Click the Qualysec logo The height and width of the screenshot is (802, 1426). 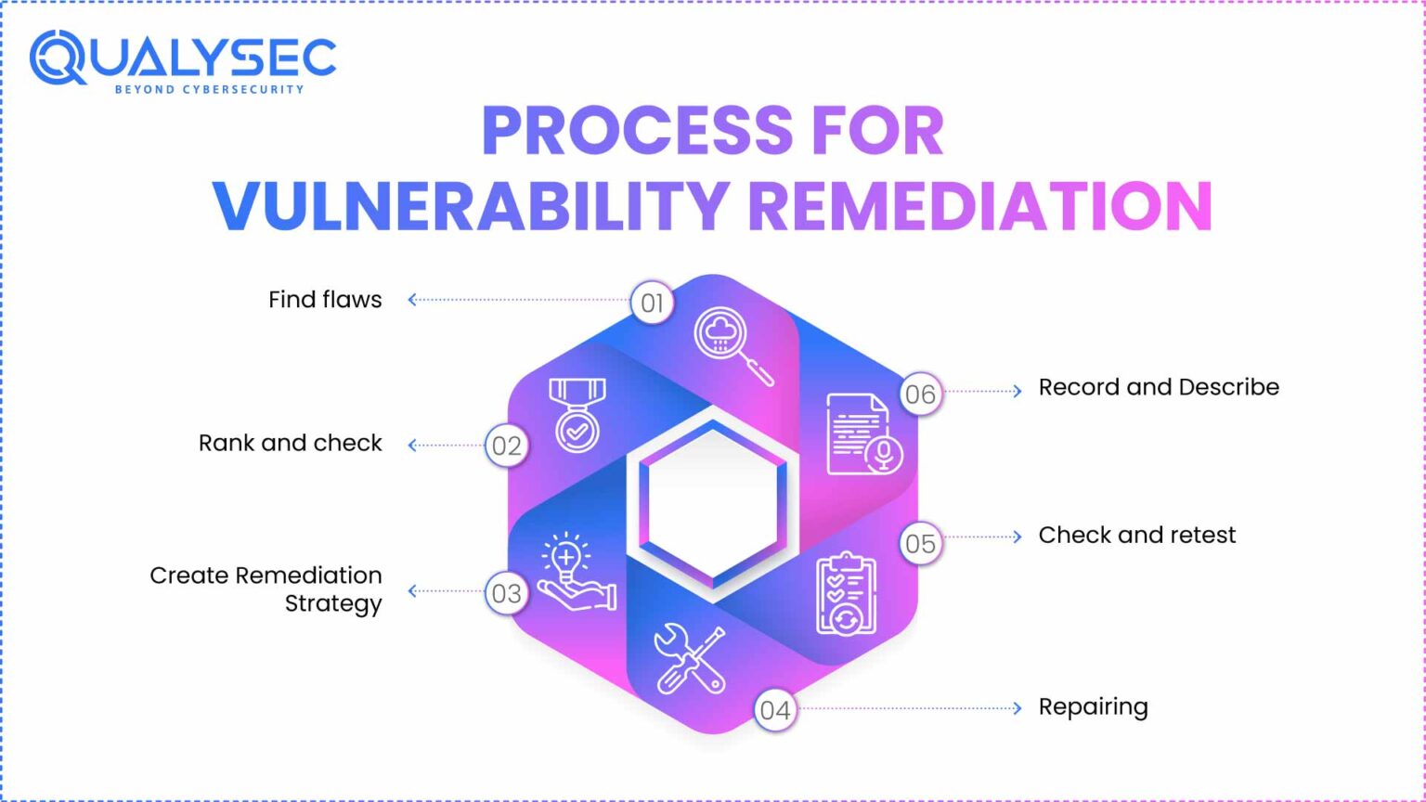click(182, 61)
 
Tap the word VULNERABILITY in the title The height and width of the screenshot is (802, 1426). click(470, 205)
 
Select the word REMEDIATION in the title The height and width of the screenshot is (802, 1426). click(979, 205)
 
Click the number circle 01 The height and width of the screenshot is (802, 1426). click(653, 303)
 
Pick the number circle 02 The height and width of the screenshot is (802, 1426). click(507, 446)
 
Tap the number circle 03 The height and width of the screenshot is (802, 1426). click(507, 593)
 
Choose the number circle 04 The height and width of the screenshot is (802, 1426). click(775, 710)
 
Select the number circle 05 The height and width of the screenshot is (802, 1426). click(920, 543)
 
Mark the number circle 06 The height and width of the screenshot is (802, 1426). click(920, 395)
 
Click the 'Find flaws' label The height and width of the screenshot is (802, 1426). click(325, 300)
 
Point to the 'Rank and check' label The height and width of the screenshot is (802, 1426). click(290, 444)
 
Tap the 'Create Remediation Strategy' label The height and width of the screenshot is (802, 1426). click(266, 589)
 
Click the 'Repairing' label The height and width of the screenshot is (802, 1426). click(1093, 707)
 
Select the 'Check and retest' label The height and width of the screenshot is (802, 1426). click(1136, 536)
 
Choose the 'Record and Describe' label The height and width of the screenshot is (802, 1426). click(1158, 387)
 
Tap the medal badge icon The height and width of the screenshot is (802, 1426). click(577, 415)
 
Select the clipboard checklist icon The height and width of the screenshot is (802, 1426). click(846, 594)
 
